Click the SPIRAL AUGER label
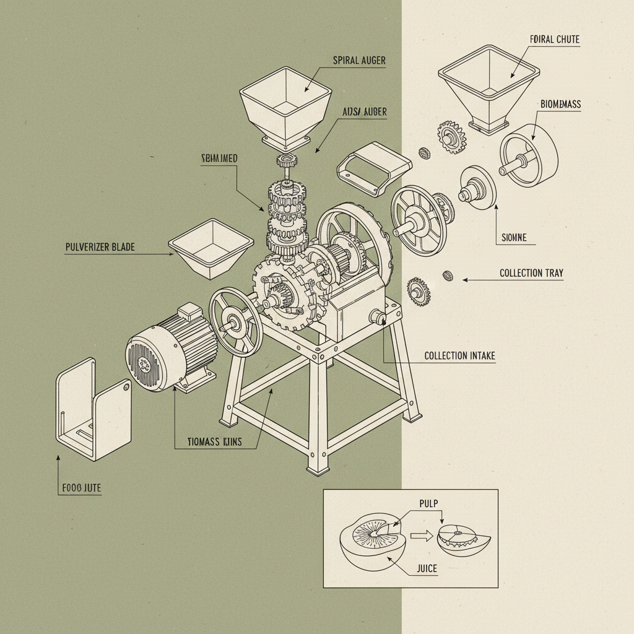tap(359, 61)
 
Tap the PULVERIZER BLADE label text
tap(100, 247)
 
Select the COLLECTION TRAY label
tap(531, 273)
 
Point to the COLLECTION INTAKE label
tap(459, 356)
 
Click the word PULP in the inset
tap(427, 504)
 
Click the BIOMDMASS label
tap(560, 105)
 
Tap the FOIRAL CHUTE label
tap(555, 40)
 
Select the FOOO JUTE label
tap(81, 489)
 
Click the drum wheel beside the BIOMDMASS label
tap(529, 153)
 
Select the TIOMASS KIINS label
tap(214, 442)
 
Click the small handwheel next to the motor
tap(235, 321)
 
